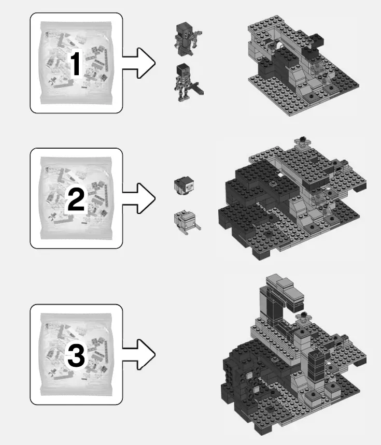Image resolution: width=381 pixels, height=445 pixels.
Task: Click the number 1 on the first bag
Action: coord(76,66)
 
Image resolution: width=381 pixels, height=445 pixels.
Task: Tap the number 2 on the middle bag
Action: coord(76,199)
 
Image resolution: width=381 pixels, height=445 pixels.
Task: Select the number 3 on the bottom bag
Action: coord(76,356)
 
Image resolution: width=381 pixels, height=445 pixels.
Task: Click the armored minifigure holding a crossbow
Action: coord(187,39)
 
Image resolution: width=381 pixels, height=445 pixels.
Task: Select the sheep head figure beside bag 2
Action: coord(185,186)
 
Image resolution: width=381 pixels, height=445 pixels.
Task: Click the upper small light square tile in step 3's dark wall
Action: coord(249,375)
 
